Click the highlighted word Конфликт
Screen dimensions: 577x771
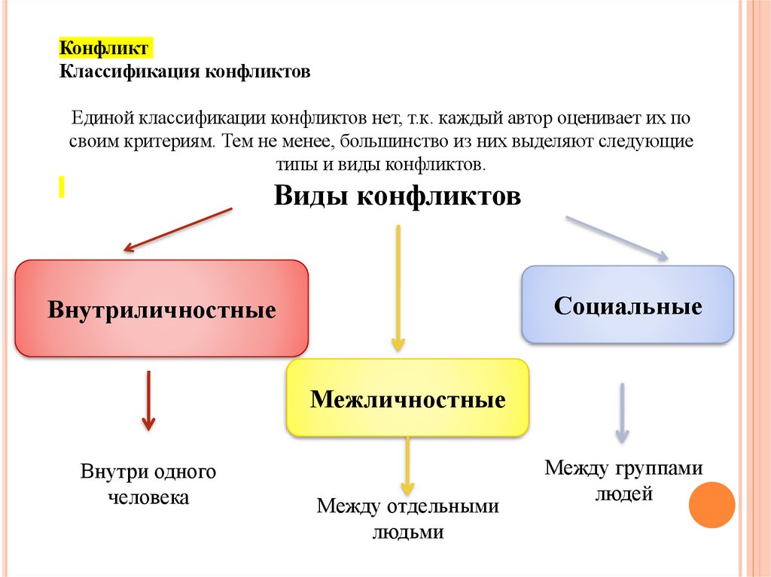coord(105,49)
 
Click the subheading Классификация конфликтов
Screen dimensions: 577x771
coord(184,72)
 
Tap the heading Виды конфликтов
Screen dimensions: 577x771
coord(397,196)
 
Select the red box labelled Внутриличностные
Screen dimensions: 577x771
coord(162,308)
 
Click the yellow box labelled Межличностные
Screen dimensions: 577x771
coord(407,398)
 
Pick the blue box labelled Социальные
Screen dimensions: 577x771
coord(627,305)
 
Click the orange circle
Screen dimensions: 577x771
coord(712,505)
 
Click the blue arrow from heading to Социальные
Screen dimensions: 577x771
coord(616,238)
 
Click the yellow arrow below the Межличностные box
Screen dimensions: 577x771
coord(407,466)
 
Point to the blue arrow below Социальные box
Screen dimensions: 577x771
coord(622,412)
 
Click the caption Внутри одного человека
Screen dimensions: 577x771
coord(148,484)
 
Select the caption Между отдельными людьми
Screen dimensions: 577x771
coord(407,519)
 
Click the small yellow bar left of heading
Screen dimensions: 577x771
coord(61,187)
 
